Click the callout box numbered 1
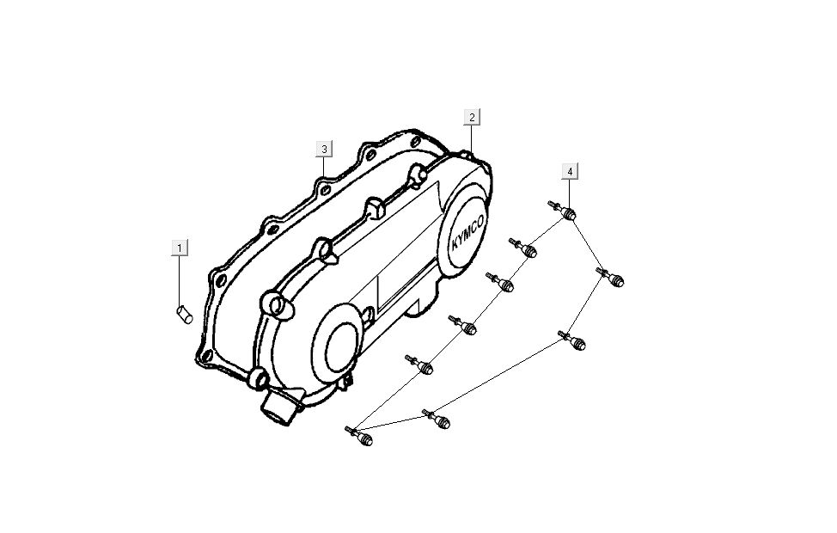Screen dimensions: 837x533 tap(180, 248)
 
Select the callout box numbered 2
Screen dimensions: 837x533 tap(472, 117)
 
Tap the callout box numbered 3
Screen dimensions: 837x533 tap(324, 149)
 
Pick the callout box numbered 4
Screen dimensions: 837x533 tap(570, 171)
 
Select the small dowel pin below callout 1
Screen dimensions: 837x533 tap(184, 314)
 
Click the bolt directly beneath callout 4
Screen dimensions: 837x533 tap(563, 211)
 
